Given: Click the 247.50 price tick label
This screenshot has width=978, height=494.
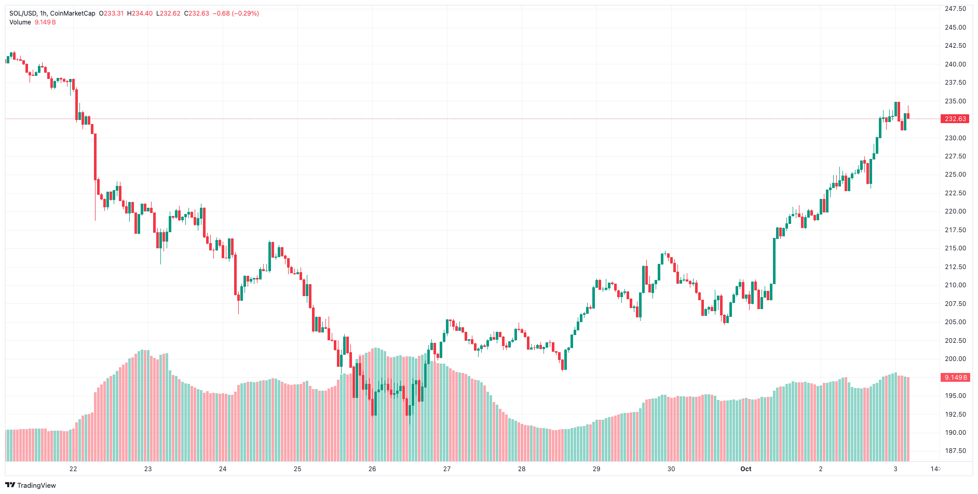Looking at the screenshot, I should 955,9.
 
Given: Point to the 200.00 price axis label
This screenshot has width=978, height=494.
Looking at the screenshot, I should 955,359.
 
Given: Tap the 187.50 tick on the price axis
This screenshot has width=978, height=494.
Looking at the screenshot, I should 955,451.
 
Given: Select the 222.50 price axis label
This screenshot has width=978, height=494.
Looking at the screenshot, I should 955,193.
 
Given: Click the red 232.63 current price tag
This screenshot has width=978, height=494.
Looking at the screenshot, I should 955,119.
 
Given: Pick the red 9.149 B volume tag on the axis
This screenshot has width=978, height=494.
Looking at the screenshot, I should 955,378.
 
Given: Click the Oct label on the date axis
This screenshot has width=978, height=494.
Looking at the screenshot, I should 745,469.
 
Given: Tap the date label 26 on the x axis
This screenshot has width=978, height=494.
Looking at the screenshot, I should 372,469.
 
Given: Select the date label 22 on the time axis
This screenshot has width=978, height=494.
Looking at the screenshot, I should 73,469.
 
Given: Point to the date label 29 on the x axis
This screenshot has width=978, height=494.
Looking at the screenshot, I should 596,469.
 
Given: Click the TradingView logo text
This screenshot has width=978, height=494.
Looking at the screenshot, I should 36,486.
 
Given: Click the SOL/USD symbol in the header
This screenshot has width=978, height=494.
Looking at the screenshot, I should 23,14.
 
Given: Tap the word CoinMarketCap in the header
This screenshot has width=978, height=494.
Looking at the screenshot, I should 73,14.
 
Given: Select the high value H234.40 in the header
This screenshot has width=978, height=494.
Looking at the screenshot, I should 140,14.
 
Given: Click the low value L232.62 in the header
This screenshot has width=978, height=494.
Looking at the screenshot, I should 168,14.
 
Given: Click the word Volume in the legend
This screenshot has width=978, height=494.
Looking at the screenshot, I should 20,22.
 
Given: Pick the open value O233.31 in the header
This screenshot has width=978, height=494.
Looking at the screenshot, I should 112,14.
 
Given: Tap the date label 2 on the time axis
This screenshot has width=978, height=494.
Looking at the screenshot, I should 821,469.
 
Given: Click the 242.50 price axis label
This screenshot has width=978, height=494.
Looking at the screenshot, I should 955,46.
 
